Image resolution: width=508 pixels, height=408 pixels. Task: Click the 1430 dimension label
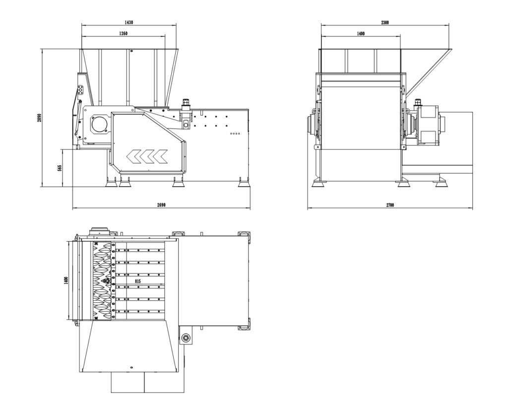(129, 22)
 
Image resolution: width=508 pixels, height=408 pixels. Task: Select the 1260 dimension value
(124, 34)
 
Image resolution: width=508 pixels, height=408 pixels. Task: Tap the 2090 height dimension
(40, 118)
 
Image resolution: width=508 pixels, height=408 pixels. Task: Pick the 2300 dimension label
(384, 22)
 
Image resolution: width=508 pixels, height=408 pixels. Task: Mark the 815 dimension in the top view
(138, 281)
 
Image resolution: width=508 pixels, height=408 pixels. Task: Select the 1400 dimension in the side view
(361, 34)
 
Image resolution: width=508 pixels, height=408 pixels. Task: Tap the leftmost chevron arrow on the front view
(133, 156)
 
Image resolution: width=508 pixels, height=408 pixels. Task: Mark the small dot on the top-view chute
(131, 368)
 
